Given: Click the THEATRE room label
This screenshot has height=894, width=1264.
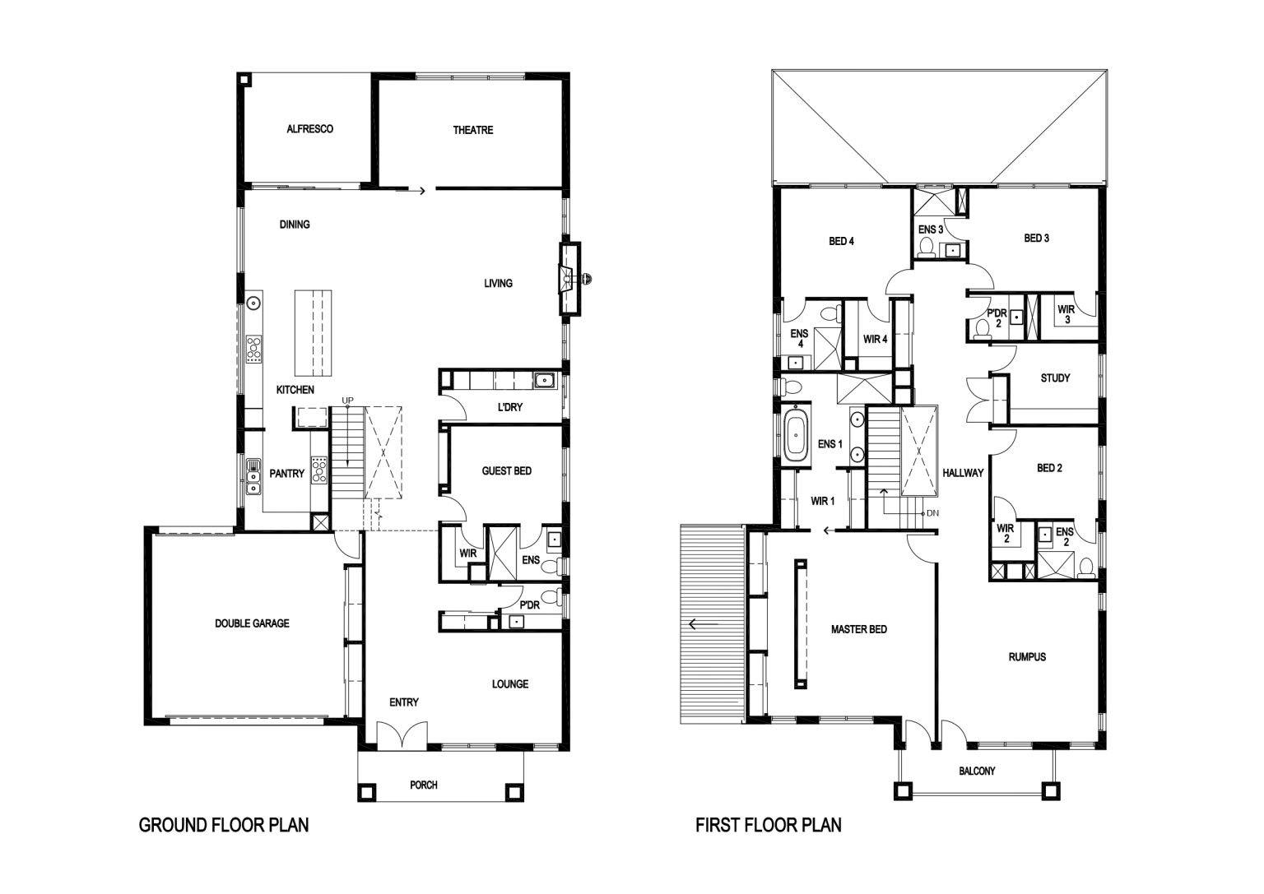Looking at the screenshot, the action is (x=473, y=130).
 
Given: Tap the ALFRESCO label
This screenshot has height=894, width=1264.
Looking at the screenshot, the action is (x=309, y=129).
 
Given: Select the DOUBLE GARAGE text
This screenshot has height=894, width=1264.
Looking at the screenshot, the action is (x=253, y=623).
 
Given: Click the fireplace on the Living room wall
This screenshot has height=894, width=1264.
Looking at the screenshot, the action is (x=570, y=279).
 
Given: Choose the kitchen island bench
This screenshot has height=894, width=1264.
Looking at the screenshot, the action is (x=314, y=333).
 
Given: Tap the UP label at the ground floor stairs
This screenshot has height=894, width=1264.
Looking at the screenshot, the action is (x=347, y=401).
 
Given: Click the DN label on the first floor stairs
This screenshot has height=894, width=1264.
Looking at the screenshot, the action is (x=932, y=514).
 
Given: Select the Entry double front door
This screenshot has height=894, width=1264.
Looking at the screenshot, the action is (x=402, y=735).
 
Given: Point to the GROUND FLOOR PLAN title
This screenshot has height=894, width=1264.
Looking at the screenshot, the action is (x=224, y=825).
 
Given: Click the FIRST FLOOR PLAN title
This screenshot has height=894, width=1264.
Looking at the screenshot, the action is (x=768, y=825).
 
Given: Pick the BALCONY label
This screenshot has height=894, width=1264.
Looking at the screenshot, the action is (x=977, y=771).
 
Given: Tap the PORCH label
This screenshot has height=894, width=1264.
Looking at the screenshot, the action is (x=423, y=785).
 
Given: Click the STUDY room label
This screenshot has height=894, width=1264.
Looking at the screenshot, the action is (x=1055, y=378).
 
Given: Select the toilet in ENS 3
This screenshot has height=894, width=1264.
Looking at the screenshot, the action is (x=927, y=248).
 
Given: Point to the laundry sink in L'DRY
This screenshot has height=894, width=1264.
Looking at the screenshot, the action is (x=544, y=381).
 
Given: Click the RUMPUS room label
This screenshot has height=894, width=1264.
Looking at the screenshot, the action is (x=1027, y=657).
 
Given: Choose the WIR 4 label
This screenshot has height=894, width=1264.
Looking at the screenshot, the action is (x=876, y=340).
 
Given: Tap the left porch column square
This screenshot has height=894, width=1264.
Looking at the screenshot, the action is (x=366, y=792).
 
